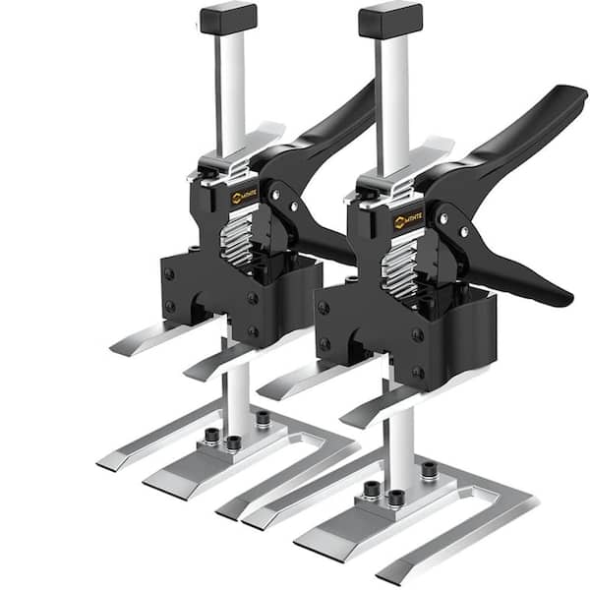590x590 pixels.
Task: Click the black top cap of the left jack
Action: (228, 18)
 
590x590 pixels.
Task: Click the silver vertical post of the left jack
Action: (232, 88)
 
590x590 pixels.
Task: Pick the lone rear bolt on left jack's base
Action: (263, 418)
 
